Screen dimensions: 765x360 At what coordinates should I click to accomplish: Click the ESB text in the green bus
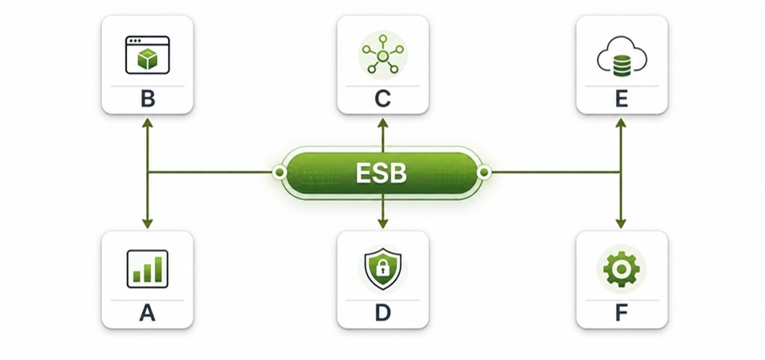point(381,172)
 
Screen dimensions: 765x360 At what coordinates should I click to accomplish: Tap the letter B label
point(147,99)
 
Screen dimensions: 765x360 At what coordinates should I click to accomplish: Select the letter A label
point(147,313)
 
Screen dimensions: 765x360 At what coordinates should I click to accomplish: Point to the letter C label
point(382,99)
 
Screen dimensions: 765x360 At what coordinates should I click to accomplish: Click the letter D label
point(382,313)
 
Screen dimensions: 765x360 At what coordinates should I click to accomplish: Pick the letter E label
point(621,99)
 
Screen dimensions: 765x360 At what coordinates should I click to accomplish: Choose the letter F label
point(621,313)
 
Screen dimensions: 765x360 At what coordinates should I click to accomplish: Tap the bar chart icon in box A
point(147,268)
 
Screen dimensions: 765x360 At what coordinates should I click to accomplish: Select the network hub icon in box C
point(383,55)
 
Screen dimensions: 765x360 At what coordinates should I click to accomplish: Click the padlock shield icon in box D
point(383,268)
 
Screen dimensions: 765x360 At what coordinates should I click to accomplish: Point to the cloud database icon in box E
point(621,56)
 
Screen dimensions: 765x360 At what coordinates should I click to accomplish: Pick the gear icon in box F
point(621,269)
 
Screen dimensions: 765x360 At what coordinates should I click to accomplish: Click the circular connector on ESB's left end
point(279,172)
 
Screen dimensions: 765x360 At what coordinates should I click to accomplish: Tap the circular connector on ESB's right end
point(484,172)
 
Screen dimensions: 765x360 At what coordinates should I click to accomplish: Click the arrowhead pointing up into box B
point(147,123)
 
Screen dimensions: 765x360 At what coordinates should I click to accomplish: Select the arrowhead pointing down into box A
point(147,223)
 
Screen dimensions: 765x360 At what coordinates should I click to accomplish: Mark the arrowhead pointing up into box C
point(383,123)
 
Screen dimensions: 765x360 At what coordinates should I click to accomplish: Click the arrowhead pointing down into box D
point(383,223)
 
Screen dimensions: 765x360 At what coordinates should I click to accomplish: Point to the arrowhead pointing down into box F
point(620,223)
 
